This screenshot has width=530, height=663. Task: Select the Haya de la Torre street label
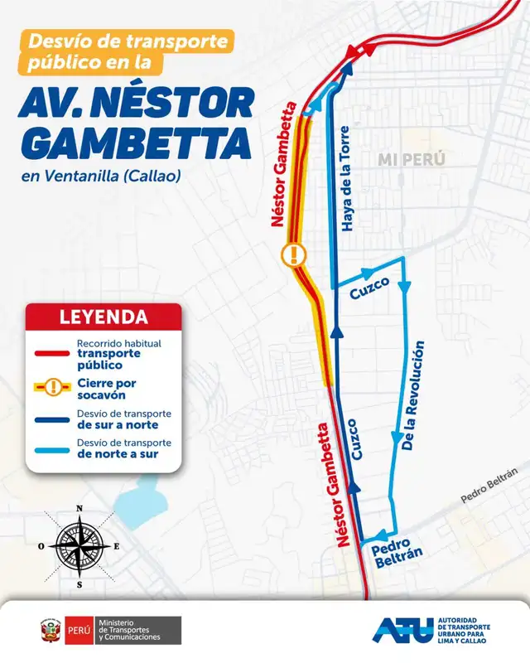(347, 179)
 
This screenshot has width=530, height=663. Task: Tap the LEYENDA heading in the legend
(104, 317)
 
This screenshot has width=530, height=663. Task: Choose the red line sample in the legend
(51, 353)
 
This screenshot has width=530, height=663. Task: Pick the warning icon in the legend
(51, 386)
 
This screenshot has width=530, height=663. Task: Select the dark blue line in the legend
(51, 419)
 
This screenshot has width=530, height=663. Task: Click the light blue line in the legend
(51, 448)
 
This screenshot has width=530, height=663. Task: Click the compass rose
(79, 546)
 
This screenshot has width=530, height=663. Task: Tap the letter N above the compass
(79, 509)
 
